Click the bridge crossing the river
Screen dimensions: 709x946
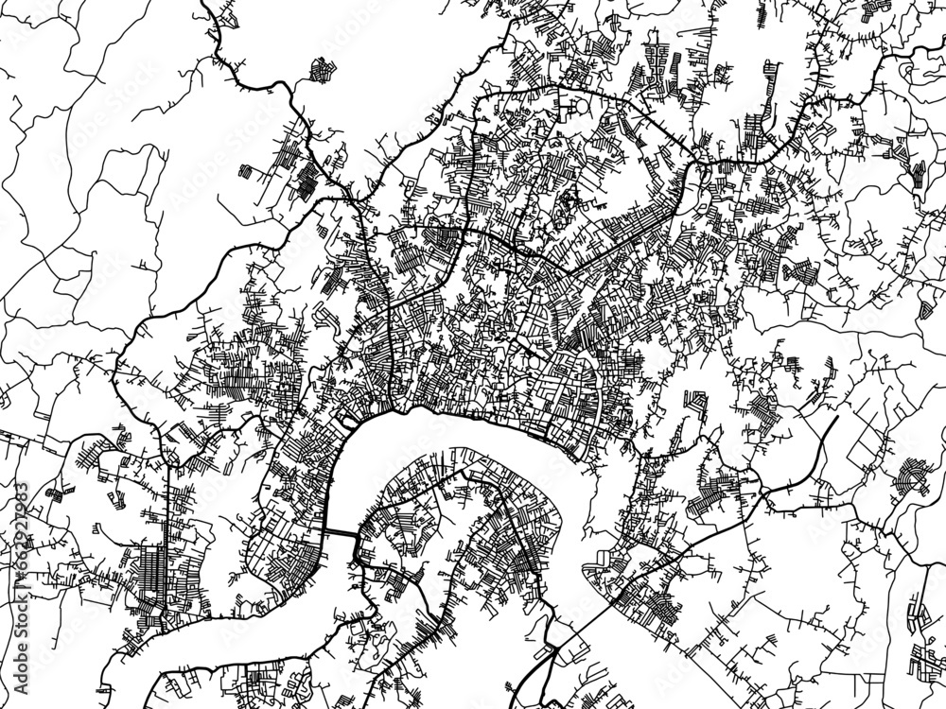[340, 534]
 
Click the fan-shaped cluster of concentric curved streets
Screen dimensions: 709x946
[915, 473]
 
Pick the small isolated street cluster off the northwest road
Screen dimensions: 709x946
[323, 69]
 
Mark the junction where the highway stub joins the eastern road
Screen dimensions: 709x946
[764, 492]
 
